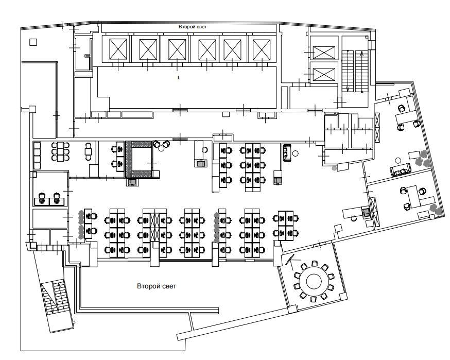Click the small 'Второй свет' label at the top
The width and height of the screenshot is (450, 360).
click(x=193, y=27)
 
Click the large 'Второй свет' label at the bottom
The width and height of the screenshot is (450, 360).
click(x=157, y=286)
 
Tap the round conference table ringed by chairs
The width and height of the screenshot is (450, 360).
click(x=314, y=281)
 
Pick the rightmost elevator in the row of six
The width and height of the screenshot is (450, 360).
click(x=262, y=49)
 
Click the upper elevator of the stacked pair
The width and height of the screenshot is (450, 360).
click(x=324, y=53)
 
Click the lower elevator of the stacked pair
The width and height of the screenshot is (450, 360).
click(x=324, y=74)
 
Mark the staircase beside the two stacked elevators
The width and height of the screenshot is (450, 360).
click(x=355, y=71)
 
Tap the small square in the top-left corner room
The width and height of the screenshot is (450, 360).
click(x=33, y=42)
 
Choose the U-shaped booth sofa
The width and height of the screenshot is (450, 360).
click(x=139, y=159)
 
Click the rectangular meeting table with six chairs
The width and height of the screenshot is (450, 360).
click(x=60, y=151)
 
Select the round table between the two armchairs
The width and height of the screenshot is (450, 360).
click(x=161, y=148)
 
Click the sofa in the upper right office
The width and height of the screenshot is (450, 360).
click(x=401, y=170)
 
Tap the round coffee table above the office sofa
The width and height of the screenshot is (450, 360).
click(x=397, y=160)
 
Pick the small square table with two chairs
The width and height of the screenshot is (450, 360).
click(x=89, y=151)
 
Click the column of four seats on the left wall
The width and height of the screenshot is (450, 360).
click(x=37, y=156)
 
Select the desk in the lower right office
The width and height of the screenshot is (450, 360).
click(x=413, y=197)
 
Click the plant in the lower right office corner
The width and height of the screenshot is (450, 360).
click(x=437, y=209)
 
